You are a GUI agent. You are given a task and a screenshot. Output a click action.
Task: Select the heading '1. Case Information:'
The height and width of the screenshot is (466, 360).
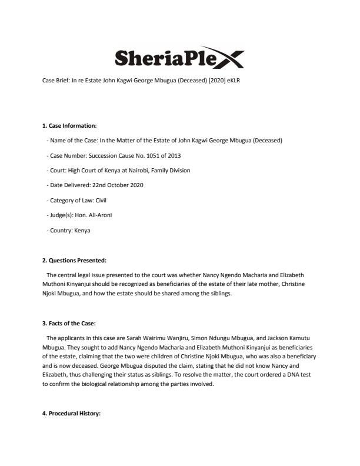[x=69, y=125]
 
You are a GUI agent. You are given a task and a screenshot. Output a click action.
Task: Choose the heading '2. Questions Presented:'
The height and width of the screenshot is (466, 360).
[x=74, y=261]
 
